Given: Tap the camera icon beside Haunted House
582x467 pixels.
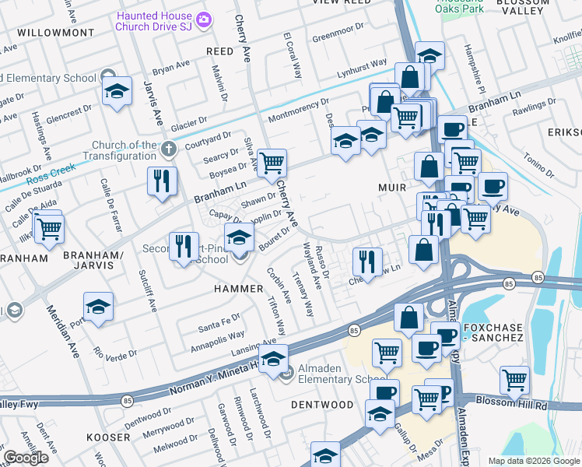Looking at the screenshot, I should point(204,19).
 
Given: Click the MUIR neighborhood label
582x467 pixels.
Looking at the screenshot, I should point(392,188).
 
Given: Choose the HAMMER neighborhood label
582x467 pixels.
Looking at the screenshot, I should point(239,288).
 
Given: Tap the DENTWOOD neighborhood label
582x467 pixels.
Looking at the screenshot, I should point(322,405).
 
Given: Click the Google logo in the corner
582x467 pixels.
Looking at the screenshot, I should point(26,458).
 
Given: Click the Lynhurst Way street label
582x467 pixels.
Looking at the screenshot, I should point(362,66).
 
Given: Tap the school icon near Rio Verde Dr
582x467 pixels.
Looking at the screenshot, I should point(98,307).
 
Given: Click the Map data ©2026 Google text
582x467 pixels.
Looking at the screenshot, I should point(533,461).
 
